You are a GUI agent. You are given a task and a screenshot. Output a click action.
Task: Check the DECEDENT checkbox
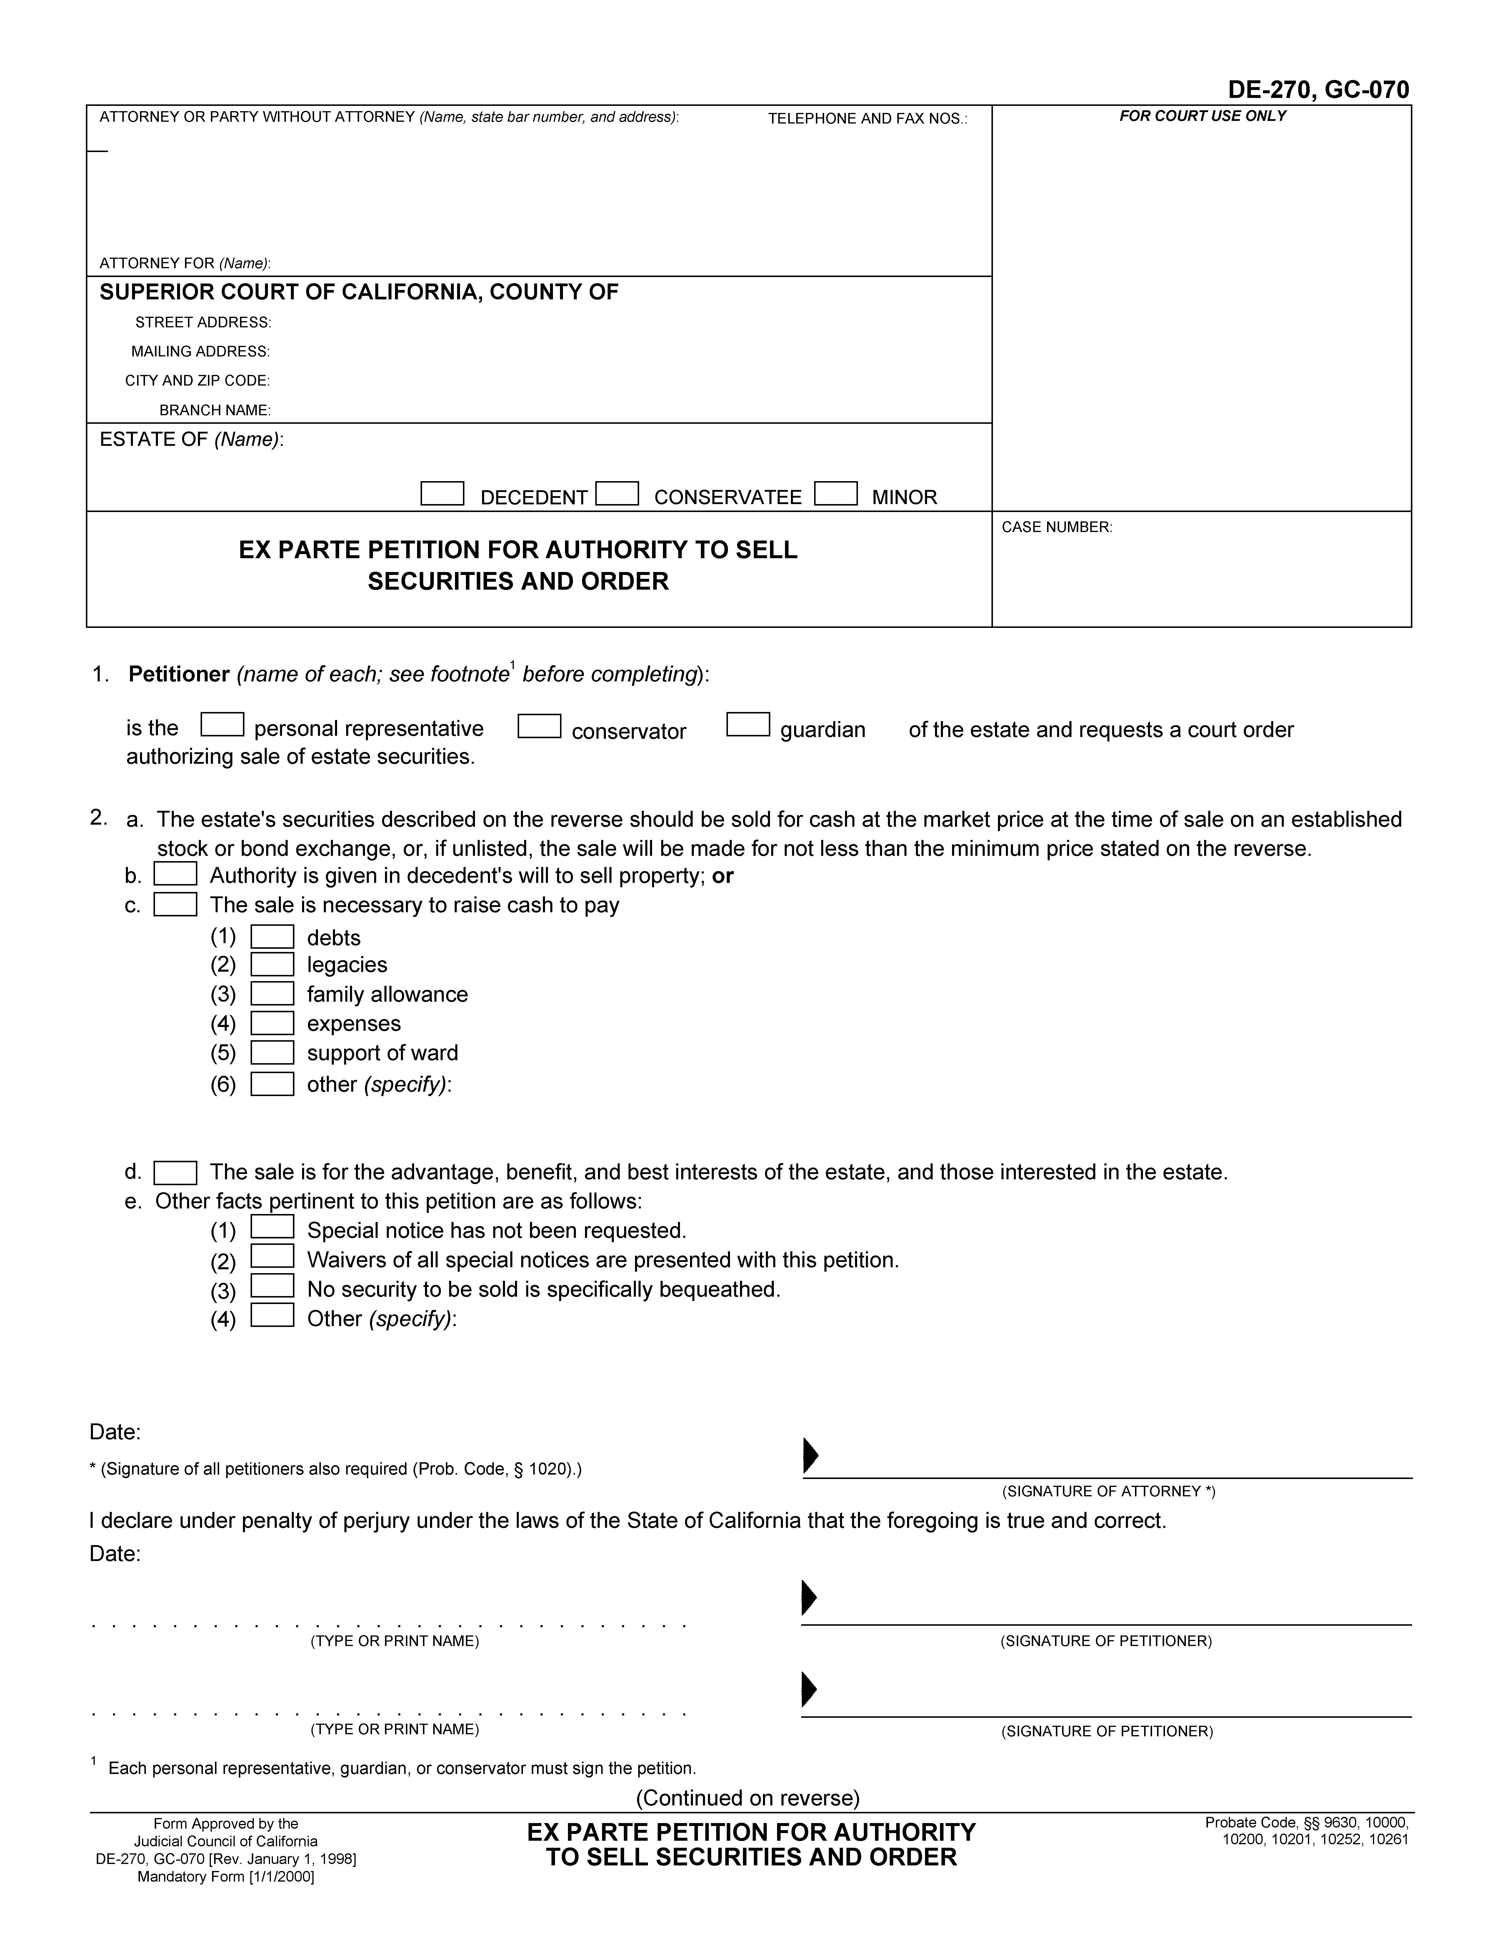pos(442,493)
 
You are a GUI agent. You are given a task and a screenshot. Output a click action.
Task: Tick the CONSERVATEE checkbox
pos(617,493)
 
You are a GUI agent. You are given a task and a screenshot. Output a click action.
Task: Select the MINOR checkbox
pos(835,493)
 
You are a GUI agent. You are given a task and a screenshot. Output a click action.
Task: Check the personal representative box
pos(222,725)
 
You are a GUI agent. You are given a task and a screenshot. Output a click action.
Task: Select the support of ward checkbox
pos(272,1052)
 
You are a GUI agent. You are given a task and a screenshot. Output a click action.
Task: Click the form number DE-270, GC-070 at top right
pos(1318,90)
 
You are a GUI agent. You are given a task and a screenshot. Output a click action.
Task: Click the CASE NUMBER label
pos(1056,527)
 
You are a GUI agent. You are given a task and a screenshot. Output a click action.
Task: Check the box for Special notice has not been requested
pos(272,1227)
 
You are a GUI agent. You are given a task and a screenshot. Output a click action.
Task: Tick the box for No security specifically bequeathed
pos(272,1286)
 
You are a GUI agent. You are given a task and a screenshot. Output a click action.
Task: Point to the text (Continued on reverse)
pos(747,1797)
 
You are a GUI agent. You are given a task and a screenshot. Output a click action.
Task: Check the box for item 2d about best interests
pos(175,1173)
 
